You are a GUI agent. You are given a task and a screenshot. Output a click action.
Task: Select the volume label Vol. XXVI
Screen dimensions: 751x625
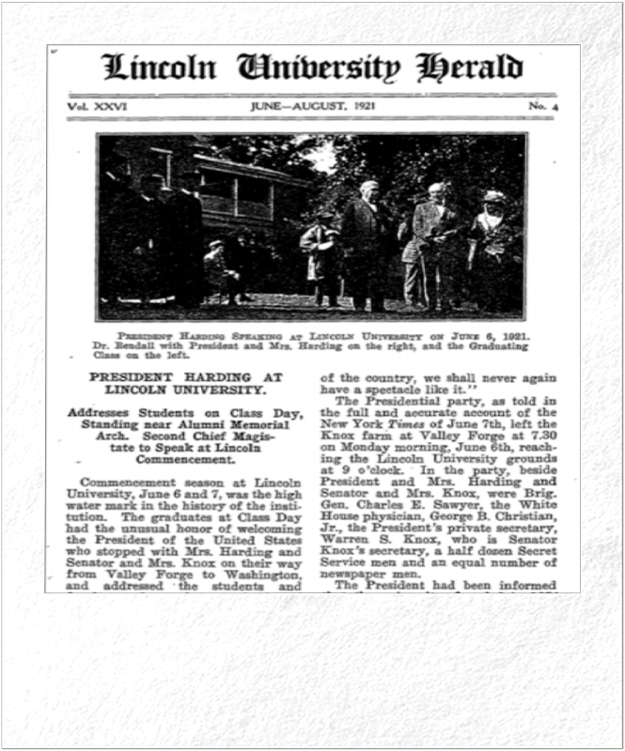[97, 107]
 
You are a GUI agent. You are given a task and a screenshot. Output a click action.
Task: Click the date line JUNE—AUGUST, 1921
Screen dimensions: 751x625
[312, 107]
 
